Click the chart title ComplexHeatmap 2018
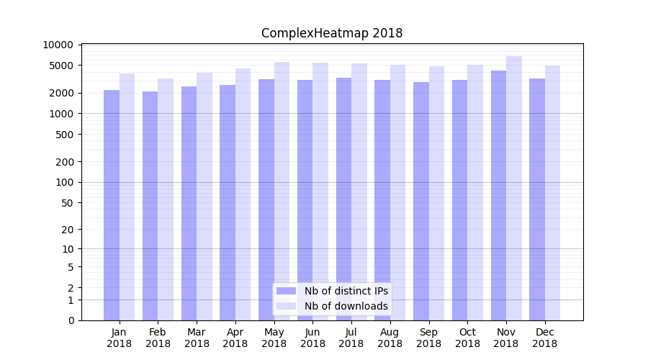(332, 33)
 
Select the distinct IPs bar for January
(112, 205)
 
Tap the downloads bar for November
(514, 188)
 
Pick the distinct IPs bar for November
(498, 195)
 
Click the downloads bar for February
(166, 199)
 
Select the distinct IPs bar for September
(421, 201)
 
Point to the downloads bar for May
(282, 191)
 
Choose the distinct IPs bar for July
(343, 199)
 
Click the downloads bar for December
(552, 193)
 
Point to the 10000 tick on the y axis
(58, 45)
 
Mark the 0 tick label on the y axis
(71, 320)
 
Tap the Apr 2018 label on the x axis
(235, 338)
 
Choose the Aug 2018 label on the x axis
(390, 338)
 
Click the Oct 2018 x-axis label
(467, 338)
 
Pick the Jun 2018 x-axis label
(312, 338)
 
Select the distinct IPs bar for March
(189, 203)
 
